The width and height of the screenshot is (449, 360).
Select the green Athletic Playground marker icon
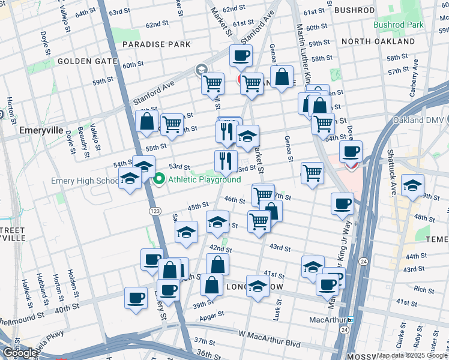[160, 179]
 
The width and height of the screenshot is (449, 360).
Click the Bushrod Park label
[398, 25]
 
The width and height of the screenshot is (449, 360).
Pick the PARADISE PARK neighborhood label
[157, 44]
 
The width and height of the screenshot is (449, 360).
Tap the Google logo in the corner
[20, 353]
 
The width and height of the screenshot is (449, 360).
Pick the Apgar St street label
[212, 313]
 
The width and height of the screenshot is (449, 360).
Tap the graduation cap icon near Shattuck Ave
[412, 186]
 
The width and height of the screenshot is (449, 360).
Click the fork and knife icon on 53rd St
[226, 160]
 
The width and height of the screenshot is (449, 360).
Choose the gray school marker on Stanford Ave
[200, 70]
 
